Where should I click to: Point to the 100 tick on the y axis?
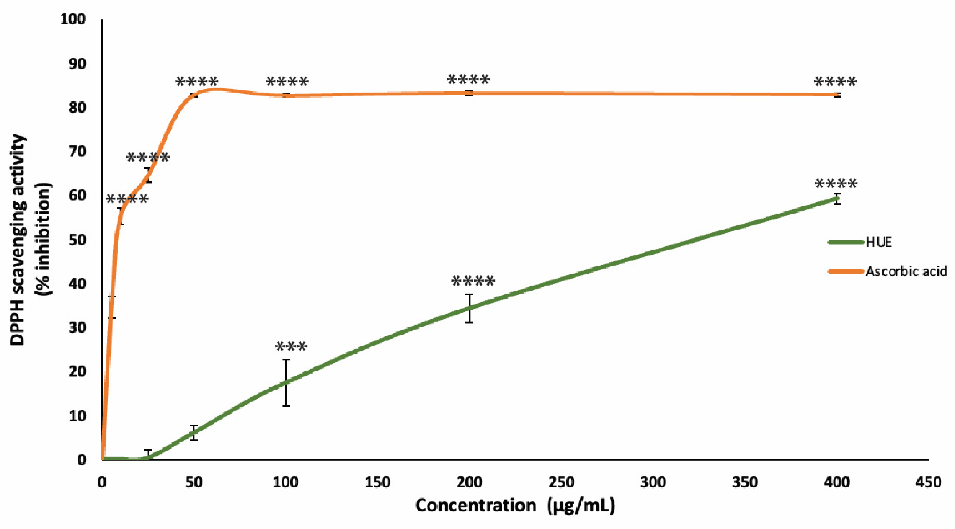[x=73, y=19]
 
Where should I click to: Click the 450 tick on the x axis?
[x=928, y=482]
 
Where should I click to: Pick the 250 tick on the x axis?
[x=561, y=482]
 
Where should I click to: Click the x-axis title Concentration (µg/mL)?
[x=515, y=506]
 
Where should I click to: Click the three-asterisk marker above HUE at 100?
[x=291, y=347]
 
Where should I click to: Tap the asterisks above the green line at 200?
[x=473, y=281]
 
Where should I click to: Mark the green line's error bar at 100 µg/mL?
[x=286, y=382]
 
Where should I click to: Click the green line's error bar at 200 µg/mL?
[x=470, y=308]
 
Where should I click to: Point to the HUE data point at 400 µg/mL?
[x=837, y=199]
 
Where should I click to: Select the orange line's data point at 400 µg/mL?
[x=837, y=95]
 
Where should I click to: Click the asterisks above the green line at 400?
[x=836, y=184]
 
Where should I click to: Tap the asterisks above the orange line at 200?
[x=468, y=80]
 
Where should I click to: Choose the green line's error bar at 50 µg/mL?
[x=194, y=433]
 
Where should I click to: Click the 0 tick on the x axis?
[x=102, y=482]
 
